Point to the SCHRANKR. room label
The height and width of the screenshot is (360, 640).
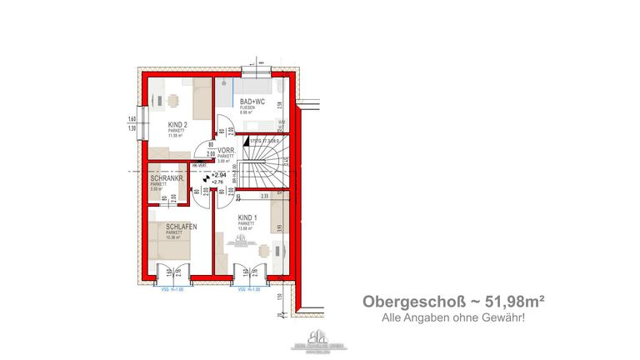[x=167, y=179]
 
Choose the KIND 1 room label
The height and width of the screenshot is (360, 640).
[x=247, y=217]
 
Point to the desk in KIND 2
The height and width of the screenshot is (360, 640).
[x=171, y=101]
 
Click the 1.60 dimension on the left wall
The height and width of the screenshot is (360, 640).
[x=132, y=118]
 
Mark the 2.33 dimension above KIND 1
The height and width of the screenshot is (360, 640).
[x=264, y=196]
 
